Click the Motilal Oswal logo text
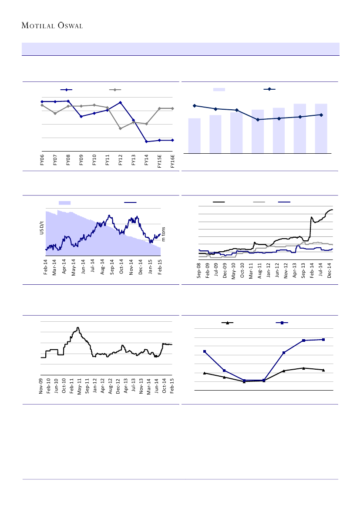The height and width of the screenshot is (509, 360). (x=52, y=25)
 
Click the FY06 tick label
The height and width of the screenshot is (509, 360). (x=42, y=160)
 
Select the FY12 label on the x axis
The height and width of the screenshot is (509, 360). (x=121, y=160)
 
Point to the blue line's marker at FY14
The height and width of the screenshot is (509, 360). (x=147, y=142)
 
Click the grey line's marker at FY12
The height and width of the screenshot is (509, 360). (x=121, y=128)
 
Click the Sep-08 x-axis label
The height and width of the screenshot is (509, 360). (x=199, y=270)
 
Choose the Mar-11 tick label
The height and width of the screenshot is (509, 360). (x=251, y=270)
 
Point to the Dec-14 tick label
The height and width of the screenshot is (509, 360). (x=330, y=270)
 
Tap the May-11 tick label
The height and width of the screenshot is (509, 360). (x=80, y=386)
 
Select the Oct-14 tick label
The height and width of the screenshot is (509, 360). (x=165, y=386)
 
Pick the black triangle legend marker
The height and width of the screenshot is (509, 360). (x=227, y=323)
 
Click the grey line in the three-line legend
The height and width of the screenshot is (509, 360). (x=259, y=202)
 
